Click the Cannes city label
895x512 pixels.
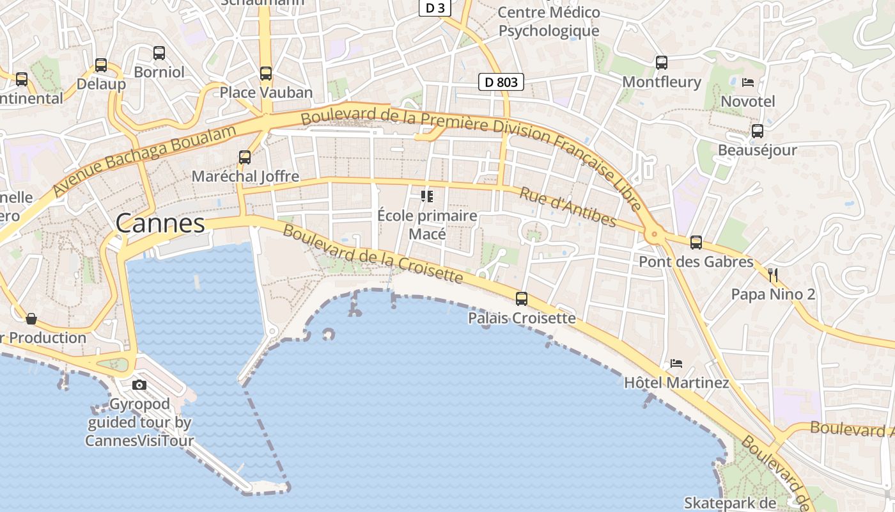[x=160, y=223]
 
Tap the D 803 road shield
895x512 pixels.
[x=501, y=82]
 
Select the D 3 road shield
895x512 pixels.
[x=435, y=8]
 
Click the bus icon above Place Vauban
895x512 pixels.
[x=266, y=74]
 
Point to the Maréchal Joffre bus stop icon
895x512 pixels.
[x=244, y=157]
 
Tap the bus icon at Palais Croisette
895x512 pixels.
[x=522, y=299]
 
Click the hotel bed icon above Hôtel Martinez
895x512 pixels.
[x=676, y=364]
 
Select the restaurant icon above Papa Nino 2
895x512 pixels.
[x=773, y=275]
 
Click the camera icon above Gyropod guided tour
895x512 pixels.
[x=139, y=385]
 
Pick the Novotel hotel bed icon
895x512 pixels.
[x=747, y=82]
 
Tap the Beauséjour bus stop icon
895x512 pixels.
[x=758, y=131]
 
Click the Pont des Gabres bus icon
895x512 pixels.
[x=696, y=243]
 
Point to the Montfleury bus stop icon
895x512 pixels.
[x=662, y=63]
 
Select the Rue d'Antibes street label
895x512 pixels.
[x=568, y=207]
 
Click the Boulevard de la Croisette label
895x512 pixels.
[x=372, y=254]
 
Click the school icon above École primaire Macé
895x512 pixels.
[x=427, y=196]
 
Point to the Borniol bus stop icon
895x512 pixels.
[x=159, y=53]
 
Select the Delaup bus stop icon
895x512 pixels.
[x=101, y=65]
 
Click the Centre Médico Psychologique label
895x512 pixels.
[x=549, y=21]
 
